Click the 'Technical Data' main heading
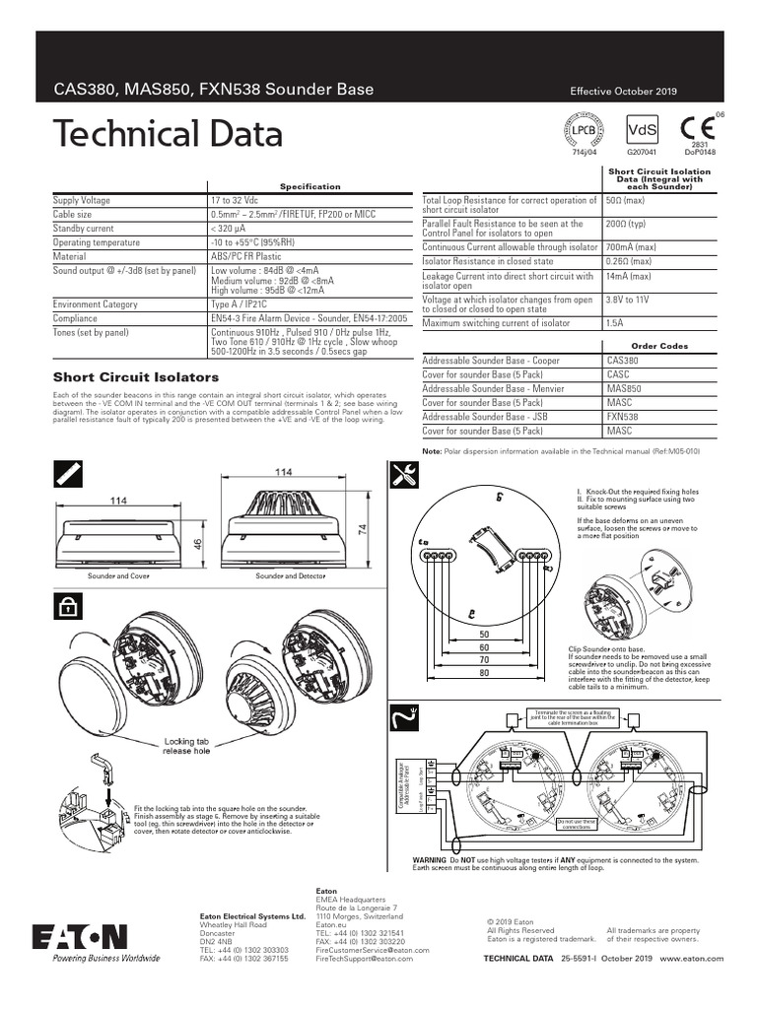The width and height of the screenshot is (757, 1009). [x=168, y=134]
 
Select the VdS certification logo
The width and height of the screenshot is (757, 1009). [x=642, y=131]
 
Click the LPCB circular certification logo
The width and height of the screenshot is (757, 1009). [x=585, y=130]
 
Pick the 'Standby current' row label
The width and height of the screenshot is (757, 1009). [x=83, y=228]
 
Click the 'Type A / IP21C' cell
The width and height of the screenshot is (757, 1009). [x=239, y=304]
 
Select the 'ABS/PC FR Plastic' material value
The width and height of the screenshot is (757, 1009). [x=247, y=255]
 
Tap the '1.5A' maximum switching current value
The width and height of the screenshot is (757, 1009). [x=615, y=323]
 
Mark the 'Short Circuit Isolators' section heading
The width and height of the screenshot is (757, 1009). [x=136, y=376]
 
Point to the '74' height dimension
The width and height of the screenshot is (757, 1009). [x=362, y=529]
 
